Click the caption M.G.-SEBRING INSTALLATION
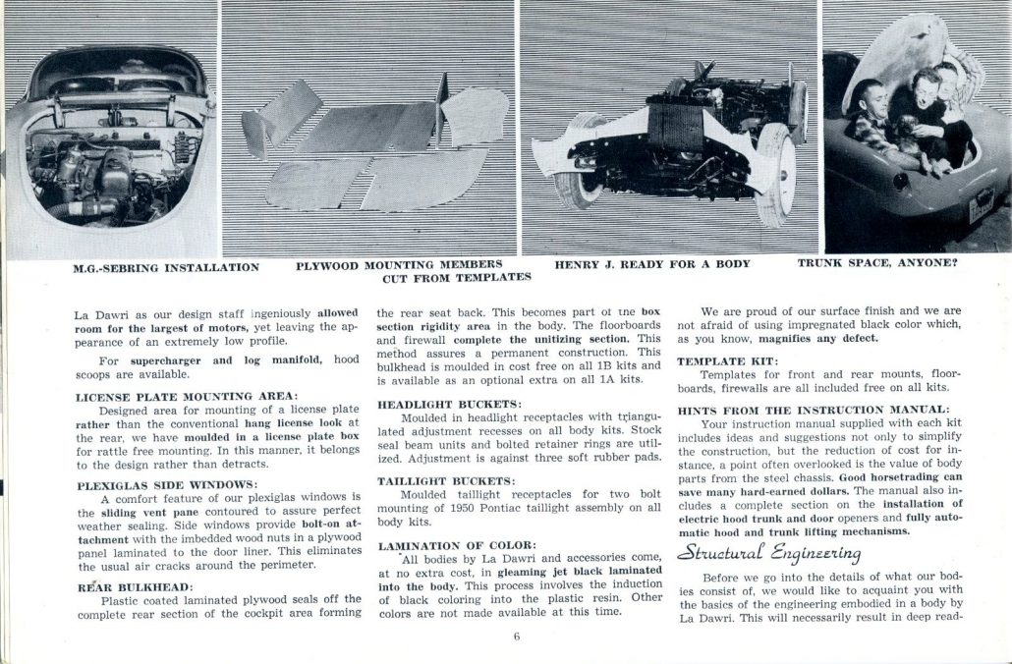point(166,266)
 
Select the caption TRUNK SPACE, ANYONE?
point(877,264)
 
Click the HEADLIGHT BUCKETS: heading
point(450,404)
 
